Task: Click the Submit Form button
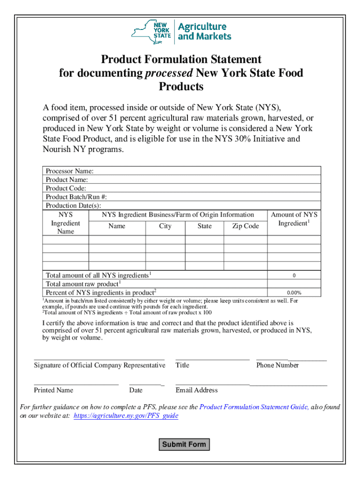184,444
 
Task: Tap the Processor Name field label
70,171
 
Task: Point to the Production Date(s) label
73,205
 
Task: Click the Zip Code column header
245,226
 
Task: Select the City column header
165,226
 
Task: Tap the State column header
204,226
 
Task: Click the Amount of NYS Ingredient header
294,219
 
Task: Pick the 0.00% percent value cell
294,293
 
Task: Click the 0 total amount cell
294,276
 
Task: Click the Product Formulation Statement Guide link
253,407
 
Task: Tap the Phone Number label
277,365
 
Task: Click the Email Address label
196,390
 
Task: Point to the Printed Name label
53,390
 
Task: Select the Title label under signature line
182,365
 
